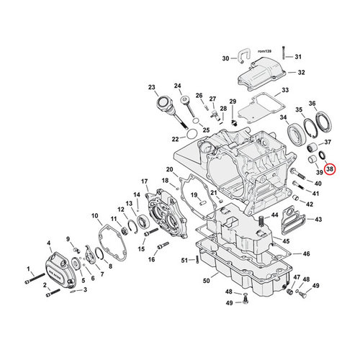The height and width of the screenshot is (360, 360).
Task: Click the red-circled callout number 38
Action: tap(330, 169)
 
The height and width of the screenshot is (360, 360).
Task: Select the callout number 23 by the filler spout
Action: tap(152, 88)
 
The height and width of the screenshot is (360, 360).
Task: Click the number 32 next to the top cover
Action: tap(301, 73)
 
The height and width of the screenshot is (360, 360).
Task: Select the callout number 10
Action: tap(95, 215)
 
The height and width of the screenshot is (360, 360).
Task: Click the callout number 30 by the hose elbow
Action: tap(225, 58)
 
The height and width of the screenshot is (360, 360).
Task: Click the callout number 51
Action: tap(183, 260)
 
